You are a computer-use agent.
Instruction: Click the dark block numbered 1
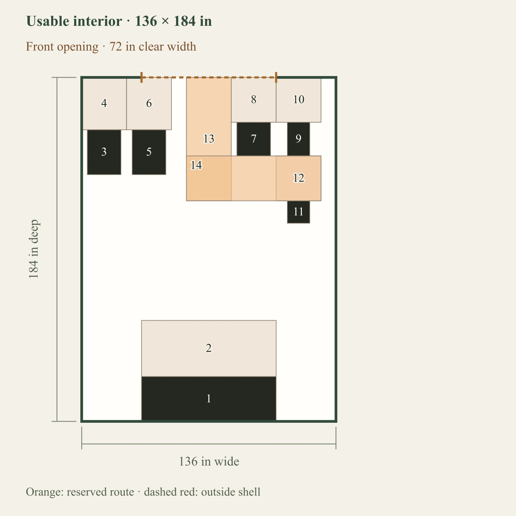[x=209, y=399]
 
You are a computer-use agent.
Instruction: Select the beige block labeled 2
[x=209, y=348]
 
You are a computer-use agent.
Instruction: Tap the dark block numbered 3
[x=104, y=152]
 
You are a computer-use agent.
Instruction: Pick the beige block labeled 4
[x=104, y=104]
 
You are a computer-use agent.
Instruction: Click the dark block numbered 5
[x=149, y=152]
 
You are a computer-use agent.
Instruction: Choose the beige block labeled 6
[x=149, y=104]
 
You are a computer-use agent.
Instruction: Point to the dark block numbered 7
[x=254, y=139]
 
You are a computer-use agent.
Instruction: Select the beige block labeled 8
[x=254, y=100]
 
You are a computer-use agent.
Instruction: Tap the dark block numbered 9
[x=299, y=139]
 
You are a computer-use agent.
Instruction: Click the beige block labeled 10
[x=299, y=100]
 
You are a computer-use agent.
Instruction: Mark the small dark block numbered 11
[x=299, y=212]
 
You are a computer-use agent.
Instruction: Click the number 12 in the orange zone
[x=299, y=178]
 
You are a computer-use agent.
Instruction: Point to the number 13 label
[x=209, y=139]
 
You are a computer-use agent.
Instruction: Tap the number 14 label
[x=196, y=165]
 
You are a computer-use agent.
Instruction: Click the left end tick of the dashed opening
[x=142, y=77]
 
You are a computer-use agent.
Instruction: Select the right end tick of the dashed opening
[x=276, y=77]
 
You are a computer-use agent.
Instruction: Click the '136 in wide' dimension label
[x=209, y=461]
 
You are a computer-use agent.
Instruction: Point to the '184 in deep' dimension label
[x=34, y=249]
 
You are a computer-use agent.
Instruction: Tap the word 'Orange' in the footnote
[x=45, y=492]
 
